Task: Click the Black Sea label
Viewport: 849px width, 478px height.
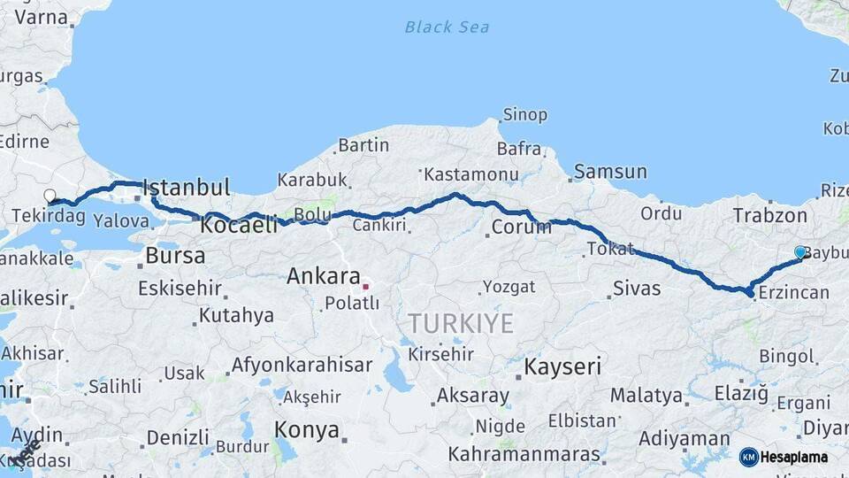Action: tap(447, 27)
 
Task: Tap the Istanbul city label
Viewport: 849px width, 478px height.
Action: tap(187, 188)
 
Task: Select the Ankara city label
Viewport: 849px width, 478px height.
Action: tap(323, 276)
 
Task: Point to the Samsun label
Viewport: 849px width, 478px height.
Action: tap(609, 172)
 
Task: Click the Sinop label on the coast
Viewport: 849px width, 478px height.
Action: tap(524, 115)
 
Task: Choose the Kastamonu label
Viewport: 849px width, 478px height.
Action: tap(470, 174)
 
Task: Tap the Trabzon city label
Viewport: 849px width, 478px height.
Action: tap(769, 215)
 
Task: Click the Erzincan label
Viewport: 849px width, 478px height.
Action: tap(794, 293)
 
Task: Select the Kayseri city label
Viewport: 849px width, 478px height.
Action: tap(562, 366)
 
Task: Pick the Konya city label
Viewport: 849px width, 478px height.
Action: tap(307, 430)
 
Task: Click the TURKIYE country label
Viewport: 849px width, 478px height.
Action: tap(460, 324)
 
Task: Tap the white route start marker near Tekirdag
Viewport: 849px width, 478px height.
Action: tap(50, 196)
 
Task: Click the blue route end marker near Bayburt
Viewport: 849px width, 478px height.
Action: tap(800, 252)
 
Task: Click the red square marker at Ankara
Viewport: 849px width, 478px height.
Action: tap(365, 287)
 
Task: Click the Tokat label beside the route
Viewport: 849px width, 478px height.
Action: tap(610, 249)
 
